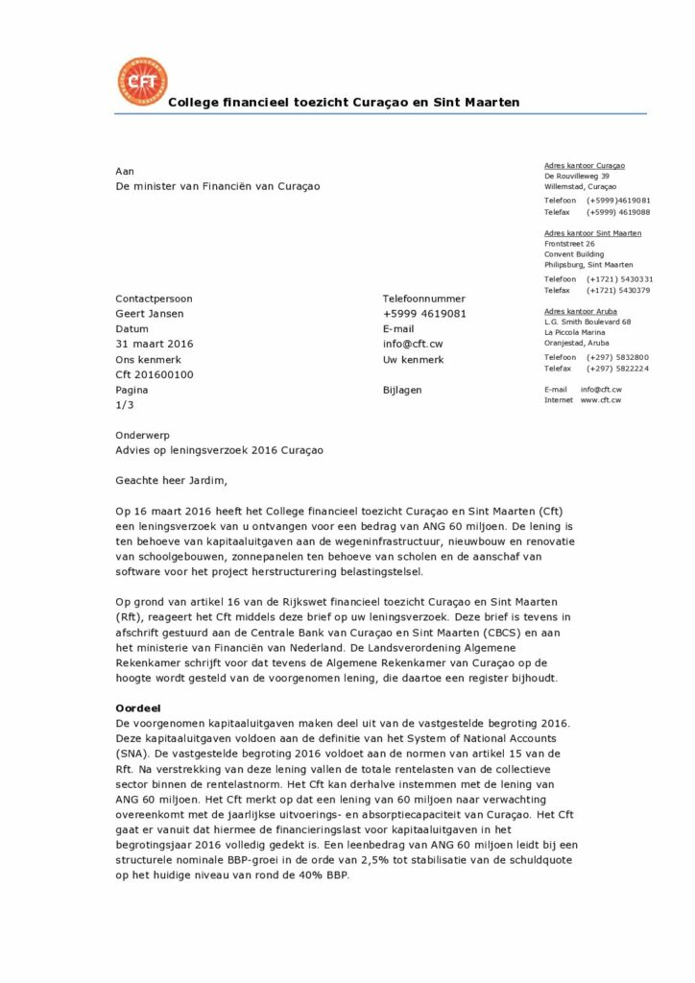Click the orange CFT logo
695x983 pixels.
[141, 81]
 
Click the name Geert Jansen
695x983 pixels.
[149, 313]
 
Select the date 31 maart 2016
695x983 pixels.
[155, 344]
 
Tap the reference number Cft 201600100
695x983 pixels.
[155, 374]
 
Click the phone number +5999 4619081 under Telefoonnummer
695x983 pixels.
[424, 313]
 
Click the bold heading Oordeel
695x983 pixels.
[137, 707]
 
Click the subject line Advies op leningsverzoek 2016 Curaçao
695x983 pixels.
[219, 449]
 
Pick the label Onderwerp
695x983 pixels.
[142, 435]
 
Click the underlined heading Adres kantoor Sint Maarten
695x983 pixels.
[592, 233]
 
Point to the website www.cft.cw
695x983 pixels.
[600, 399]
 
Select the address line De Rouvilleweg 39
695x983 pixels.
[576, 177]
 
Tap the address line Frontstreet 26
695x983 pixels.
[569, 244]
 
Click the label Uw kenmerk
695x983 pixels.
[413, 359]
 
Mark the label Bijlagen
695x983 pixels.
[401, 390]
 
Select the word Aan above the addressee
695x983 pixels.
[125, 171]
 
